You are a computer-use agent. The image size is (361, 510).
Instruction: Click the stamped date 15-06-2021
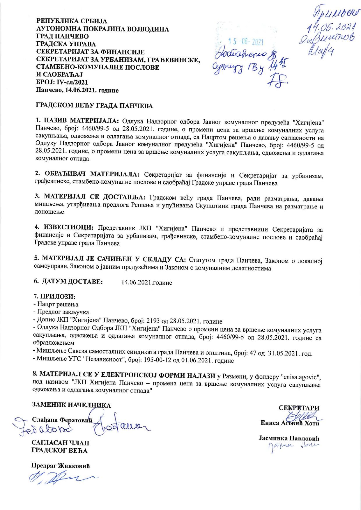coord(245,42)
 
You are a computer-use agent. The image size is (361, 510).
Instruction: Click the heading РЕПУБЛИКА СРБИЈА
coord(72,21)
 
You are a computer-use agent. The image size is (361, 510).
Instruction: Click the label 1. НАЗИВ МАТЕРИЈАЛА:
coord(77,121)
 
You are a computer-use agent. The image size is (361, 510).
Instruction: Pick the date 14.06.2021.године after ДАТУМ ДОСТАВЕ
coord(147,283)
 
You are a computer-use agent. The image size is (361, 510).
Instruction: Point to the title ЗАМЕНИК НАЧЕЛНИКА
coord(72,405)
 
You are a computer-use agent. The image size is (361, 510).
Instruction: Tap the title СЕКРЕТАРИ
coord(299,408)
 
